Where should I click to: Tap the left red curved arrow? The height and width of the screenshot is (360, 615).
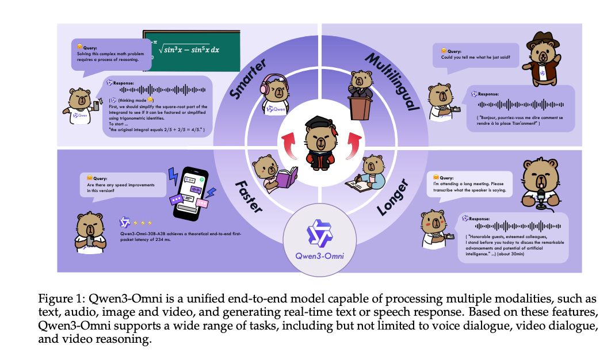(285, 141)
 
